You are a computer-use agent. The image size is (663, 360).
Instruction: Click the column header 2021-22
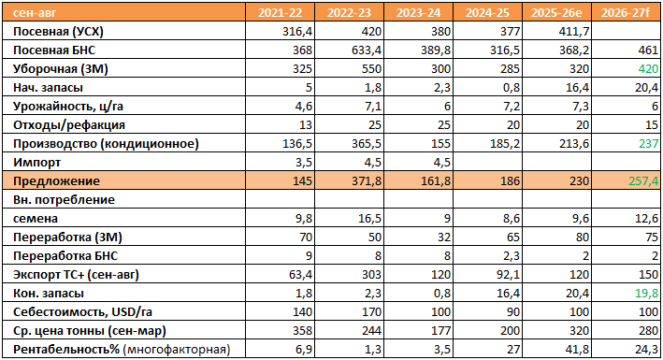280,13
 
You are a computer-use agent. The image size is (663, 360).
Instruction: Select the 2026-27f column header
626,13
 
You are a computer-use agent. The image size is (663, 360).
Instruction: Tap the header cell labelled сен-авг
35,13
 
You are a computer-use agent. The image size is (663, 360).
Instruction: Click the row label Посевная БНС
54,50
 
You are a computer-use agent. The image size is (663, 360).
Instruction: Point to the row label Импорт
36,162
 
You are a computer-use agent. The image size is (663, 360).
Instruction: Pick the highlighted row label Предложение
56,181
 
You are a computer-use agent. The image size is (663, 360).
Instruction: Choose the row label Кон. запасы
49,294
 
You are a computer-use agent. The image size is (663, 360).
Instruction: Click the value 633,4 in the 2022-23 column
367,50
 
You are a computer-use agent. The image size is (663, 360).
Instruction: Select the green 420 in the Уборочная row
648,69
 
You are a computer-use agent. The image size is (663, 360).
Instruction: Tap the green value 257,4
643,181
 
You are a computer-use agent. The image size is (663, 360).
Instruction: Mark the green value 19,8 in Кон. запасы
647,294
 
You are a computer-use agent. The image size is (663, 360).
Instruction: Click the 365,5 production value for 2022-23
367,144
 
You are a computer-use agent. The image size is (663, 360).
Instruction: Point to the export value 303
371,275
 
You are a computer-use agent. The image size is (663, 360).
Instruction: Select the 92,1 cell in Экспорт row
509,275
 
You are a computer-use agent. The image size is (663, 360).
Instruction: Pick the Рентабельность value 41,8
578,350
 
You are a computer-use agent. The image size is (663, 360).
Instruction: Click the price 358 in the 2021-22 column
302,330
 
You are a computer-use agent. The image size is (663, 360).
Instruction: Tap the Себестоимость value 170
371,311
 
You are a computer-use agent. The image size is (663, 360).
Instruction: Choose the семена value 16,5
370,218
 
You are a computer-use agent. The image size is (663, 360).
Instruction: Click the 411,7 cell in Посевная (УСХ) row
574,32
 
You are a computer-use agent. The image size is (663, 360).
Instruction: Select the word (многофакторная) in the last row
177,350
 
